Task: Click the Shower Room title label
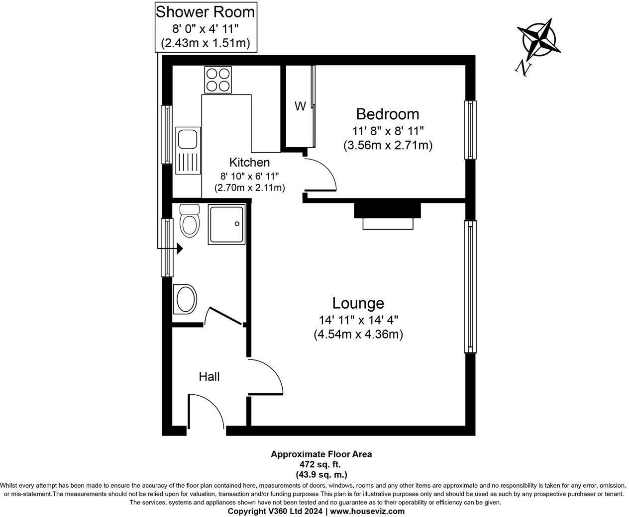point(206,11)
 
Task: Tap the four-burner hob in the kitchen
point(218,80)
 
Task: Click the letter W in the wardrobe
point(300,106)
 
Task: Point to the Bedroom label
point(387,114)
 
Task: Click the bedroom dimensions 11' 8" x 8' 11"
point(388,131)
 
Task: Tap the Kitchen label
point(249,162)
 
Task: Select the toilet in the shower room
point(189,220)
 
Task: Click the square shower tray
point(227,225)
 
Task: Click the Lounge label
point(358,303)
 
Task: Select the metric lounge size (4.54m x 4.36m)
point(358,335)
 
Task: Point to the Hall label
point(209,376)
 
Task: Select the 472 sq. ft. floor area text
point(321,464)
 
